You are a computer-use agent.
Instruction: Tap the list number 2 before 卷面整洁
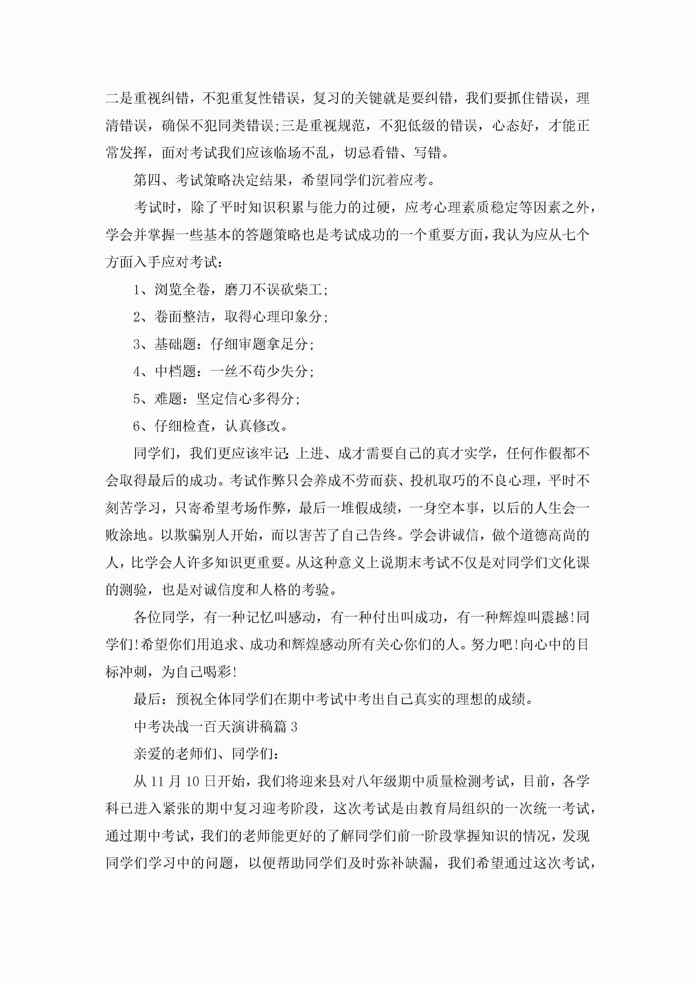tap(137, 317)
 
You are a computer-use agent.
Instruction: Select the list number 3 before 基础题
tap(137, 344)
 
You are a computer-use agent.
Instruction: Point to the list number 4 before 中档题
tap(137, 371)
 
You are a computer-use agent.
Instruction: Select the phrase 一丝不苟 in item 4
tap(238, 371)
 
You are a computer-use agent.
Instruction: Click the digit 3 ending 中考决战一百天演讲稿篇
tap(294, 727)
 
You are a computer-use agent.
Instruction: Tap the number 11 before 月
tap(157, 781)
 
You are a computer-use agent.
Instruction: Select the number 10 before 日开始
tap(193, 781)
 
